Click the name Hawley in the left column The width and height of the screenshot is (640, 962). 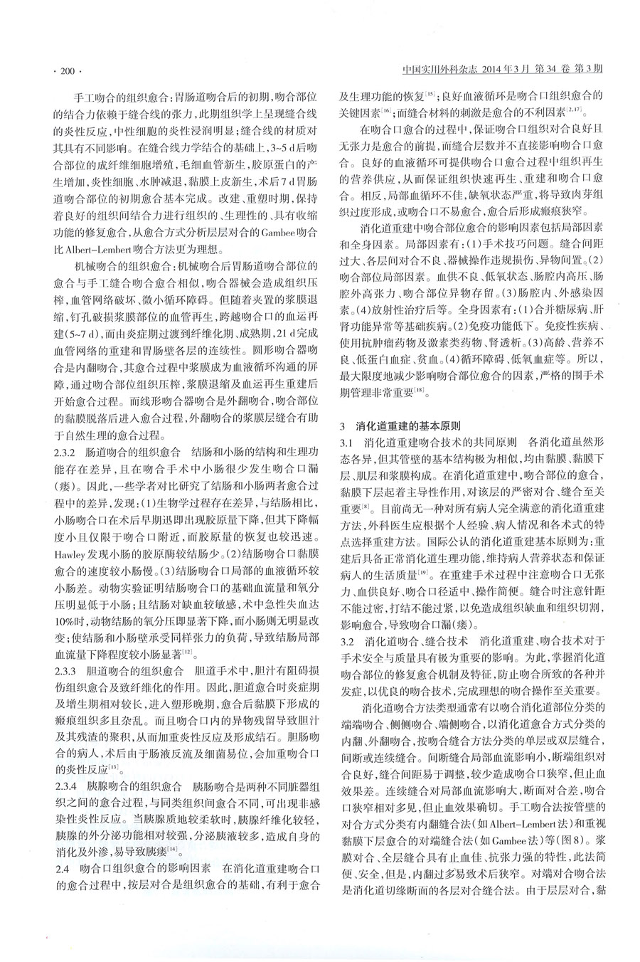[70, 554]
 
